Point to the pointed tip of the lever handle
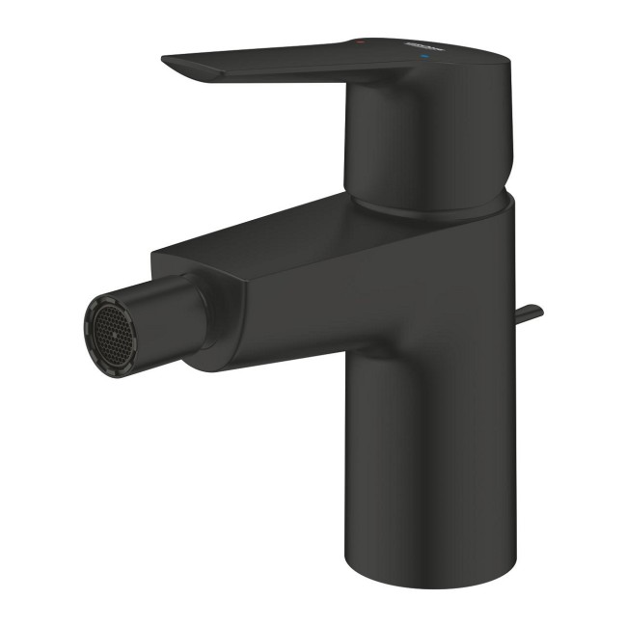[167, 61]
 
